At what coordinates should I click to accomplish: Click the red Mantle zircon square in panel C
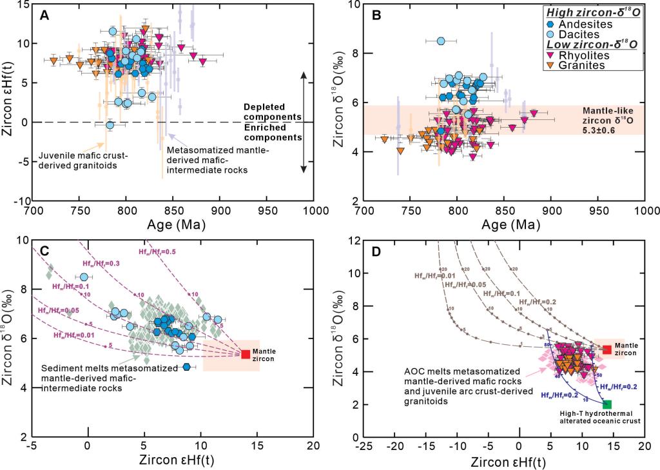(246, 354)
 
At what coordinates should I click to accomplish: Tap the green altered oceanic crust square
(607, 404)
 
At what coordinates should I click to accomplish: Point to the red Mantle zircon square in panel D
(607, 349)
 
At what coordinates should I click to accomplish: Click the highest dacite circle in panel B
(442, 41)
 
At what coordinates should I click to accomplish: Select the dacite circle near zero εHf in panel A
(110, 125)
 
